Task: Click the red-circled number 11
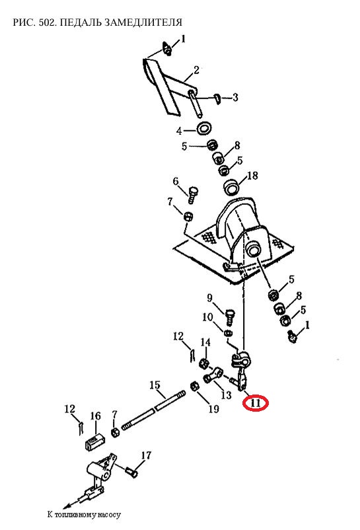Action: click(x=256, y=402)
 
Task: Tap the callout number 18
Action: click(x=252, y=175)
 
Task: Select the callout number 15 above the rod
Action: click(x=155, y=385)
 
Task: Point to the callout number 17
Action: click(x=146, y=455)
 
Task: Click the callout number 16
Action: click(x=96, y=416)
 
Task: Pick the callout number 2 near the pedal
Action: click(x=196, y=70)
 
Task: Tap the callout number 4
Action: click(x=179, y=131)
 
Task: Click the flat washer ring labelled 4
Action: click(x=204, y=128)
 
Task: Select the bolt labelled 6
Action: click(x=192, y=194)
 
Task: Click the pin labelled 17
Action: click(x=131, y=471)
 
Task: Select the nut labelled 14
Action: click(x=203, y=363)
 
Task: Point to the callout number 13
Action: click(x=226, y=395)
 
